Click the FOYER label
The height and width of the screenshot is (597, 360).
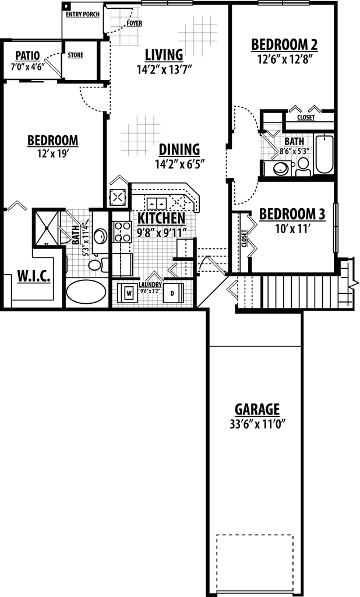(135, 23)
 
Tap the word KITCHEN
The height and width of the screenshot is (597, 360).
(161, 218)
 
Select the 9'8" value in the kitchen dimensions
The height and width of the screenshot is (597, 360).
(145, 233)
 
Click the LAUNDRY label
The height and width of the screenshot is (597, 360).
(150, 285)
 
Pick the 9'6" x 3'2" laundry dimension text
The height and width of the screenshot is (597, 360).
(150, 292)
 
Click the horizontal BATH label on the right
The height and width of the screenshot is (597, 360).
(294, 142)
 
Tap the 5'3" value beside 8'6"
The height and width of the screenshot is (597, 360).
(303, 151)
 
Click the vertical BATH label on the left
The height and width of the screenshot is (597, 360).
(75, 234)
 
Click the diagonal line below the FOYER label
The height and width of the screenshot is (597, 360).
(53, 68)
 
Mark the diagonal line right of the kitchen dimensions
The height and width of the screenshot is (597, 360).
(217, 265)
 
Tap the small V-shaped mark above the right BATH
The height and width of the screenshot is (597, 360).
(273, 134)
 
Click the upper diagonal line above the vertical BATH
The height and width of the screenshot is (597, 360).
(73, 217)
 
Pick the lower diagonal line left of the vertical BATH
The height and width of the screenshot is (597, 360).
(64, 231)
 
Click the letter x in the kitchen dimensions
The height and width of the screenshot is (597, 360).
(158, 234)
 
